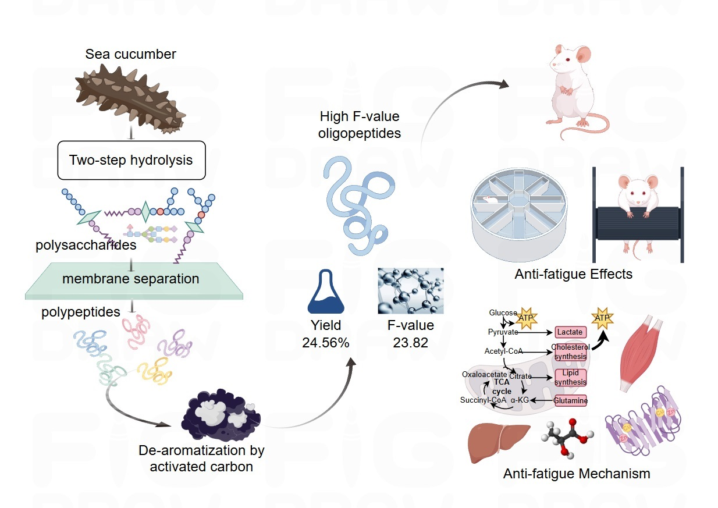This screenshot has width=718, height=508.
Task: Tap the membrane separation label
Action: point(131,279)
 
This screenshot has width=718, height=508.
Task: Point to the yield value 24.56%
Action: point(325,343)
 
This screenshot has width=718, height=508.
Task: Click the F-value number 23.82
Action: point(410,343)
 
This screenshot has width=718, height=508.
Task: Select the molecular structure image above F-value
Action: point(410,291)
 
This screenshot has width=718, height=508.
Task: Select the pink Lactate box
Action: point(570,332)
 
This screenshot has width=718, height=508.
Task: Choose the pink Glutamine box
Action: point(570,400)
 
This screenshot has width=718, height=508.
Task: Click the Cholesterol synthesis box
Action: point(570,351)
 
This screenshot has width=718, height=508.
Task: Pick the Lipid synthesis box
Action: point(570,377)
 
